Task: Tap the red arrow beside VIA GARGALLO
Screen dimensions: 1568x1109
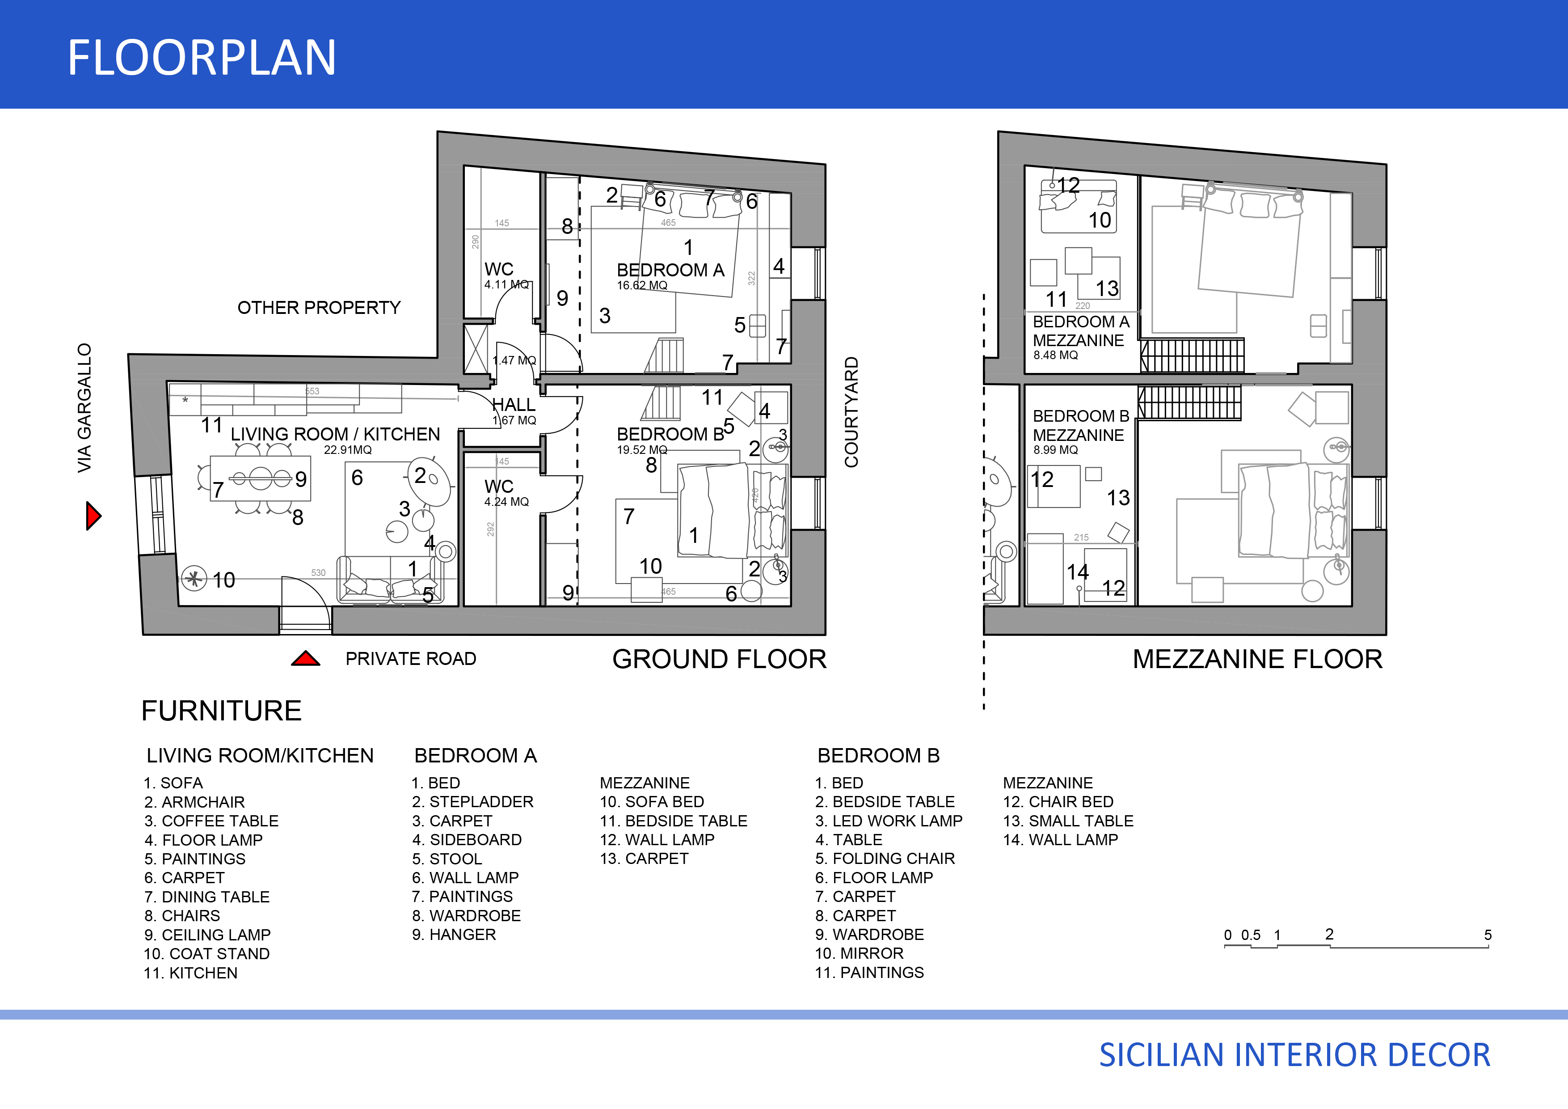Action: pos(93,516)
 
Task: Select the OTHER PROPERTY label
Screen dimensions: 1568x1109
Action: pos(319,308)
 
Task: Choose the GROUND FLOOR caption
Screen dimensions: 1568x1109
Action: pos(719,660)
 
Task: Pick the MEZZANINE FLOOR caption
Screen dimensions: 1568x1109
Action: pos(1257,660)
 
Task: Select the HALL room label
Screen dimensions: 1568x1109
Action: pos(514,405)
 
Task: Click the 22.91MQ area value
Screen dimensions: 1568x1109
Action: pos(348,449)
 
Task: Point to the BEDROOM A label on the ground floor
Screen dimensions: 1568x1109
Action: pos(670,270)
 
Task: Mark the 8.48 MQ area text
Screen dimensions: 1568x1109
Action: pos(1055,356)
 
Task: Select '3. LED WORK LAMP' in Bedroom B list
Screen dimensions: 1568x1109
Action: pos(889,821)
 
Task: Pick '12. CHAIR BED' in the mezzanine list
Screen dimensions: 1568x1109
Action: pos(1058,801)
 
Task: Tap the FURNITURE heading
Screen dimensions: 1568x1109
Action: pos(221,711)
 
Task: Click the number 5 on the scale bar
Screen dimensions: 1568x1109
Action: pos(1488,935)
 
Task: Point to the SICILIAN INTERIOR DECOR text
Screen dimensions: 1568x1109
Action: pos(1294,1055)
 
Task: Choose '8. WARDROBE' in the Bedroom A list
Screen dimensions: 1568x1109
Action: pos(467,916)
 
